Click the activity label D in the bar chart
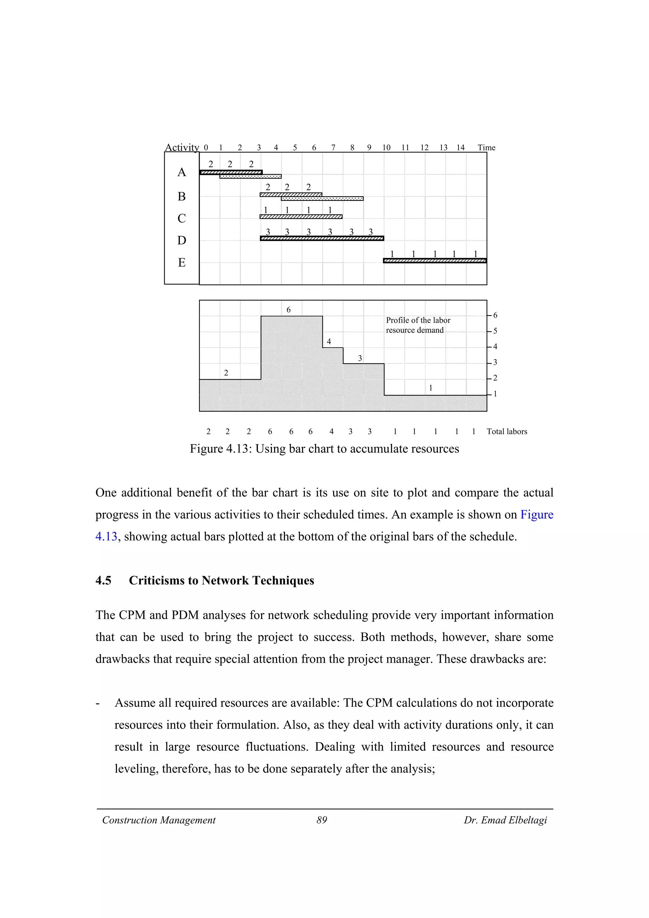click(182, 240)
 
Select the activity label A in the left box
click(182, 172)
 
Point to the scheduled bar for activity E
click(435, 261)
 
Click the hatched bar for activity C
click(301, 217)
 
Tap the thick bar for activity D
click(322, 238)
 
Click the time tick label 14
click(461, 148)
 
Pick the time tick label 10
click(386, 148)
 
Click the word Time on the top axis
click(486, 148)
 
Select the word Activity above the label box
click(182, 148)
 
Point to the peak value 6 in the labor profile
click(289, 310)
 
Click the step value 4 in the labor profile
click(329, 341)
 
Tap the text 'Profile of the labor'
click(418, 320)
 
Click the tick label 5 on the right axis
click(495, 331)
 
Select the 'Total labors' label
click(507, 431)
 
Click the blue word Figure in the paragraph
click(537, 514)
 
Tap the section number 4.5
click(103, 581)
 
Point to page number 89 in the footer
click(322, 820)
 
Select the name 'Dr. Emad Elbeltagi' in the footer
click(505, 820)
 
